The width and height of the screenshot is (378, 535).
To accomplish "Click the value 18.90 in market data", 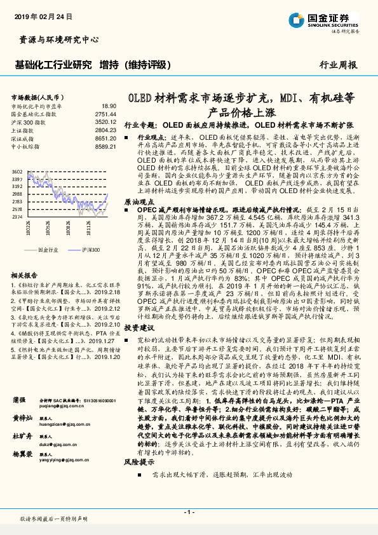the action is coord(109,106).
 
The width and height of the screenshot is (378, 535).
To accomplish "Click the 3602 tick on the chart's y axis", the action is coord(17,172).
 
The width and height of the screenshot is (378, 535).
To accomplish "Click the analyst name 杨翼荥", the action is coord(23,456).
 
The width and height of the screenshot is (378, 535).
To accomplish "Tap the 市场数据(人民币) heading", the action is coord(35,97).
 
